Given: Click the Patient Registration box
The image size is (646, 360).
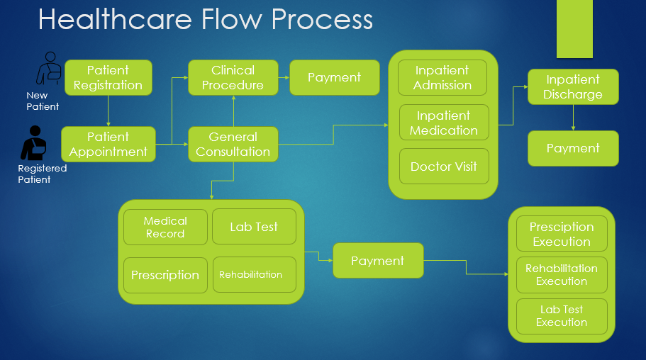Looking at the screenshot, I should tap(108, 78).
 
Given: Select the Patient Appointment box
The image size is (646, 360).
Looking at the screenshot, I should tap(108, 144).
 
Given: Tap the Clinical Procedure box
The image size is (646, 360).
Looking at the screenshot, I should tap(233, 78).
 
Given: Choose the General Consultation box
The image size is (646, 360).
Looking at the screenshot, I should tap(233, 144).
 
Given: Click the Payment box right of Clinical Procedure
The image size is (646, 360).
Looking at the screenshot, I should tap(334, 78).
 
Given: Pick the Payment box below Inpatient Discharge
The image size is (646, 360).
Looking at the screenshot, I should tap(573, 149).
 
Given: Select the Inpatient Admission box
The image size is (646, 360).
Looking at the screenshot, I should tap(442, 78).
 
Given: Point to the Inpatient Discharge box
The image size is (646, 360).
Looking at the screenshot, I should tap(573, 87).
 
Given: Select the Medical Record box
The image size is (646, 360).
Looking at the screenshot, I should tap(165, 227).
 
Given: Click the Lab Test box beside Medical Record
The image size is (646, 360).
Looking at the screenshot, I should tap(254, 227).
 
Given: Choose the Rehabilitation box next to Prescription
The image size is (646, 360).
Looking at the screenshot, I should tap(254, 275).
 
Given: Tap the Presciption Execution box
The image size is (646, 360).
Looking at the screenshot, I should tap(562, 234).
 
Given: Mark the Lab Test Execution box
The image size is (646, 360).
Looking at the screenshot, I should tap(562, 316).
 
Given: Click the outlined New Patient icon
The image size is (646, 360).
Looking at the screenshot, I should tap(49, 69).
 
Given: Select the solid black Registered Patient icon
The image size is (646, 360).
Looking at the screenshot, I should tap(33, 142).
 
